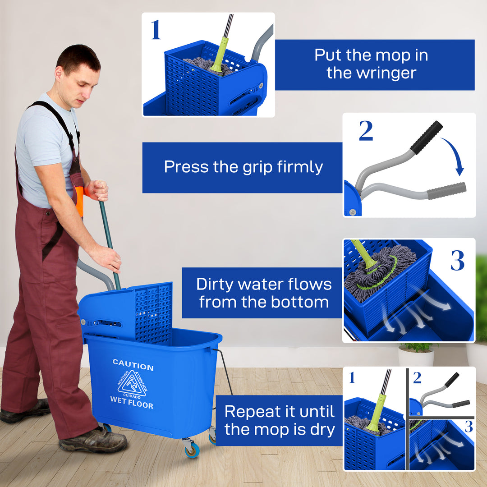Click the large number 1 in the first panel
pyautogui.click(x=156, y=30)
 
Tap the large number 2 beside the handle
pyautogui.click(x=366, y=131)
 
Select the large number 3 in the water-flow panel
pyautogui.click(x=457, y=261)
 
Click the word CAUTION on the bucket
pyautogui.click(x=133, y=365)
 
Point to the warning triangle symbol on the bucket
pyautogui.click(x=131, y=384)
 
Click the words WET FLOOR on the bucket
pyautogui.click(x=132, y=401)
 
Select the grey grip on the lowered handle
pyautogui.click(x=446, y=191)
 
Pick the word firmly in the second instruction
pyautogui.click(x=300, y=167)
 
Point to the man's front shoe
pyautogui.click(x=92, y=441)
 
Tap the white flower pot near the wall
pyautogui.click(x=415, y=357)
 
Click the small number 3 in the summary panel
pyautogui.click(x=469, y=427)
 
